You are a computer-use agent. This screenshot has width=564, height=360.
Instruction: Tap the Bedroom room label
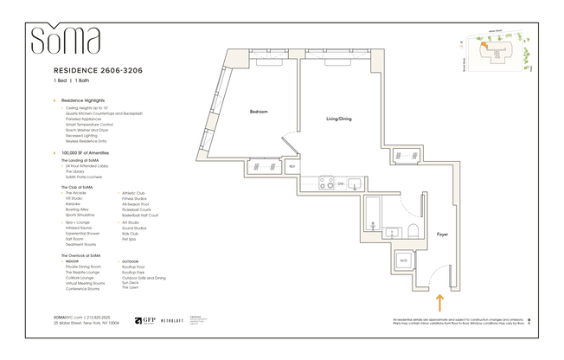point(259,112)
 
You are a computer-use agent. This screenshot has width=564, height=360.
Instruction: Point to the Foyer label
point(442,234)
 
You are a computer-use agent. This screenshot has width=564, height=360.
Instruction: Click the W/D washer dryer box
point(403,261)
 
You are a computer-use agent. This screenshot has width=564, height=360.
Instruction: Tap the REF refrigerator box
point(292,166)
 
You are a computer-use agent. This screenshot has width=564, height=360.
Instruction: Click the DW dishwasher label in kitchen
point(341,183)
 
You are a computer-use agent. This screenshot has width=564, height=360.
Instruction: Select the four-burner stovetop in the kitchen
point(326,183)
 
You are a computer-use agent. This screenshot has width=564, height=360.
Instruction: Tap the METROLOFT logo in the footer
point(175,320)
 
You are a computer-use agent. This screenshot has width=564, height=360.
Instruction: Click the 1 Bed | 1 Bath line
point(71,80)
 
